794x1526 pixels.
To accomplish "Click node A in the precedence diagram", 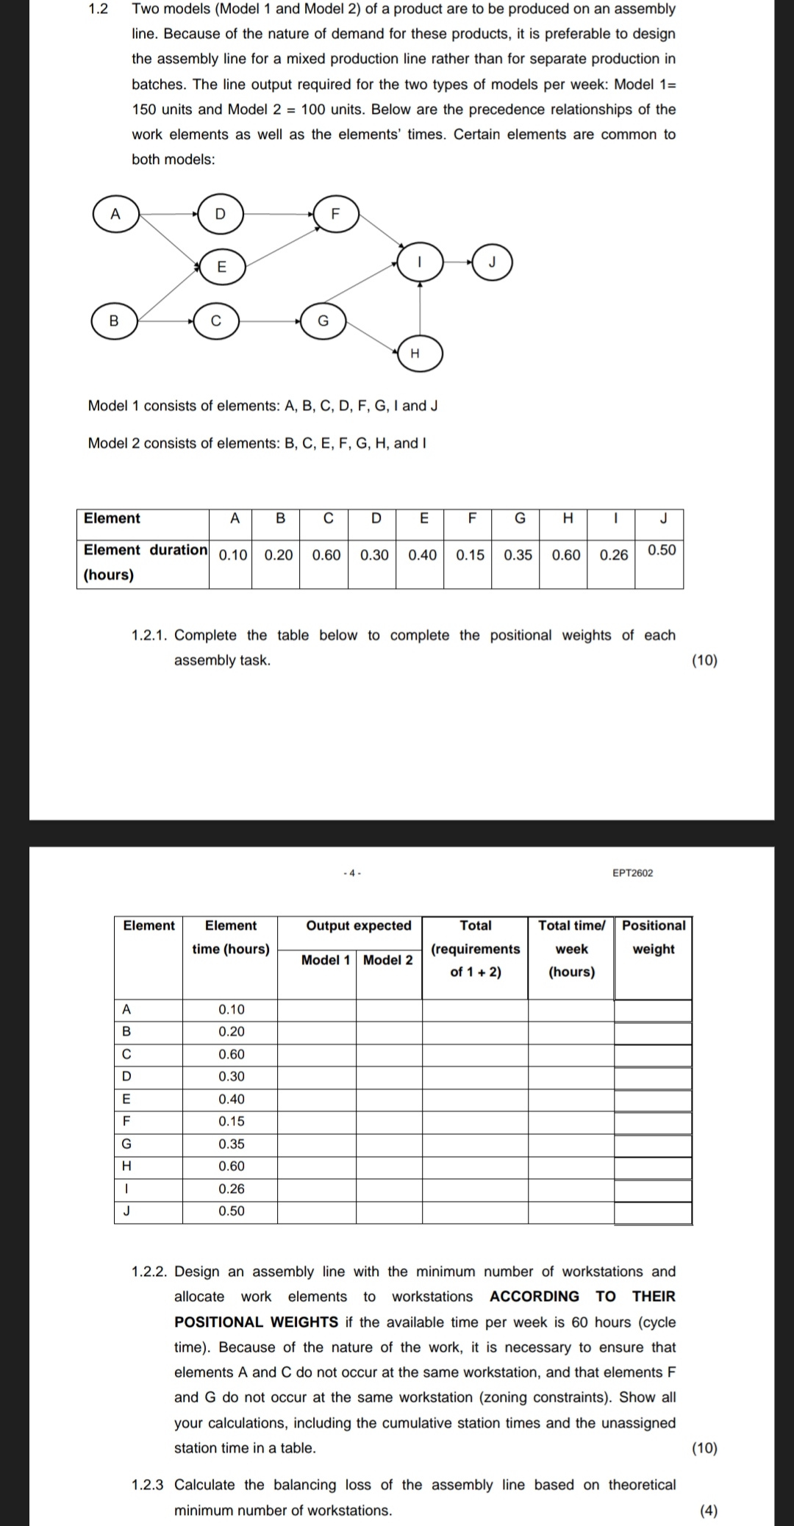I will tap(115, 214).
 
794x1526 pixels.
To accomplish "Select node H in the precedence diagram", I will tap(415, 354).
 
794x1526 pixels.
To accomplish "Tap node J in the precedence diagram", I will tap(493, 262).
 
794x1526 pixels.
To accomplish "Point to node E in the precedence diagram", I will tap(221, 266).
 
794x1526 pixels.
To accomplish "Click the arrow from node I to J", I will tap(457, 262).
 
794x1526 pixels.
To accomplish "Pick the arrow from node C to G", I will tap(269, 320).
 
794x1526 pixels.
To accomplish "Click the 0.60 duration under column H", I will tap(565, 555).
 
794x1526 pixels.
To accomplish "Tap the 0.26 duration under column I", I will tap(613, 555).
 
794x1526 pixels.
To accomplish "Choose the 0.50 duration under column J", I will tap(662, 550).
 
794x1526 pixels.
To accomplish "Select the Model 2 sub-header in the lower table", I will tap(388, 960).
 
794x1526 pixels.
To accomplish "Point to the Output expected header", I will tap(359, 925).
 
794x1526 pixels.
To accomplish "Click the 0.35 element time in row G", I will tap(232, 1144).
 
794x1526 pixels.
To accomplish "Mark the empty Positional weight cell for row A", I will tap(654, 1010).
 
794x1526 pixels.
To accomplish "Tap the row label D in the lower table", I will tap(126, 1077).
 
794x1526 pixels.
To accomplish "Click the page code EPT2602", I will tap(632, 873).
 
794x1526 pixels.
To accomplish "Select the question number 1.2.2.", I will tap(150, 1272).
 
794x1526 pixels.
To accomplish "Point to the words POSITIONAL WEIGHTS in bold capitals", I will tap(256, 1322).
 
